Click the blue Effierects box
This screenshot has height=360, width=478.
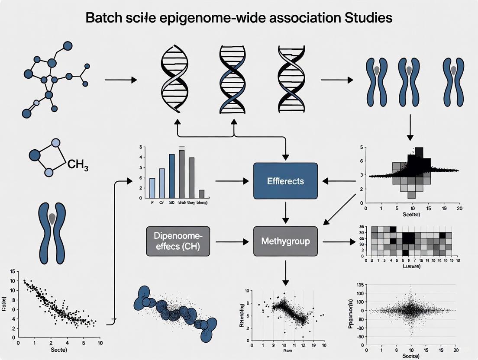click(285, 180)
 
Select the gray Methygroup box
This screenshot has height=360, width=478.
click(285, 241)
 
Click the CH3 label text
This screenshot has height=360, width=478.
click(78, 165)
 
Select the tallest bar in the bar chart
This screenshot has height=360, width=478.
click(182, 173)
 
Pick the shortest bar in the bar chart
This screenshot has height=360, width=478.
click(201, 194)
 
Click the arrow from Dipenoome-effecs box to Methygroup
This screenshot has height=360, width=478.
click(234, 241)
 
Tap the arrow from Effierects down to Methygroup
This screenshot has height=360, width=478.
click(285, 210)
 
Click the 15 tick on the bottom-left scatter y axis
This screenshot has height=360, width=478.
click(12, 272)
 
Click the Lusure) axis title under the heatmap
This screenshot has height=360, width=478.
click(411, 267)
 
